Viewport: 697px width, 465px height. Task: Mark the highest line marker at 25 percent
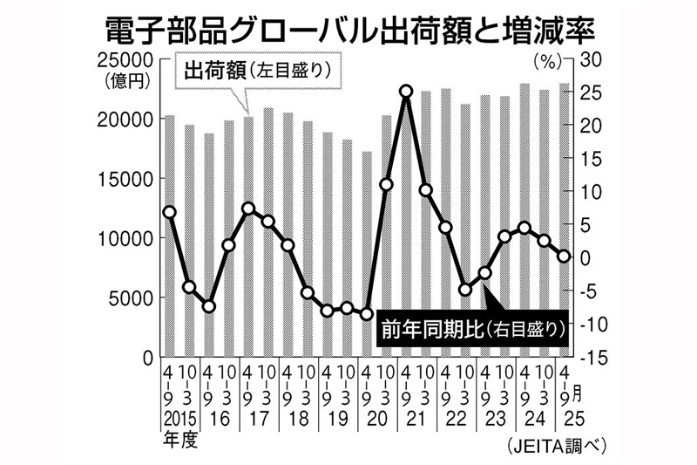pyautogui.click(x=406, y=91)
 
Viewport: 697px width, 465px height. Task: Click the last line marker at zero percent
pyautogui.click(x=564, y=256)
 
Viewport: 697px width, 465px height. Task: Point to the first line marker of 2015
pyautogui.click(x=169, y=212)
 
